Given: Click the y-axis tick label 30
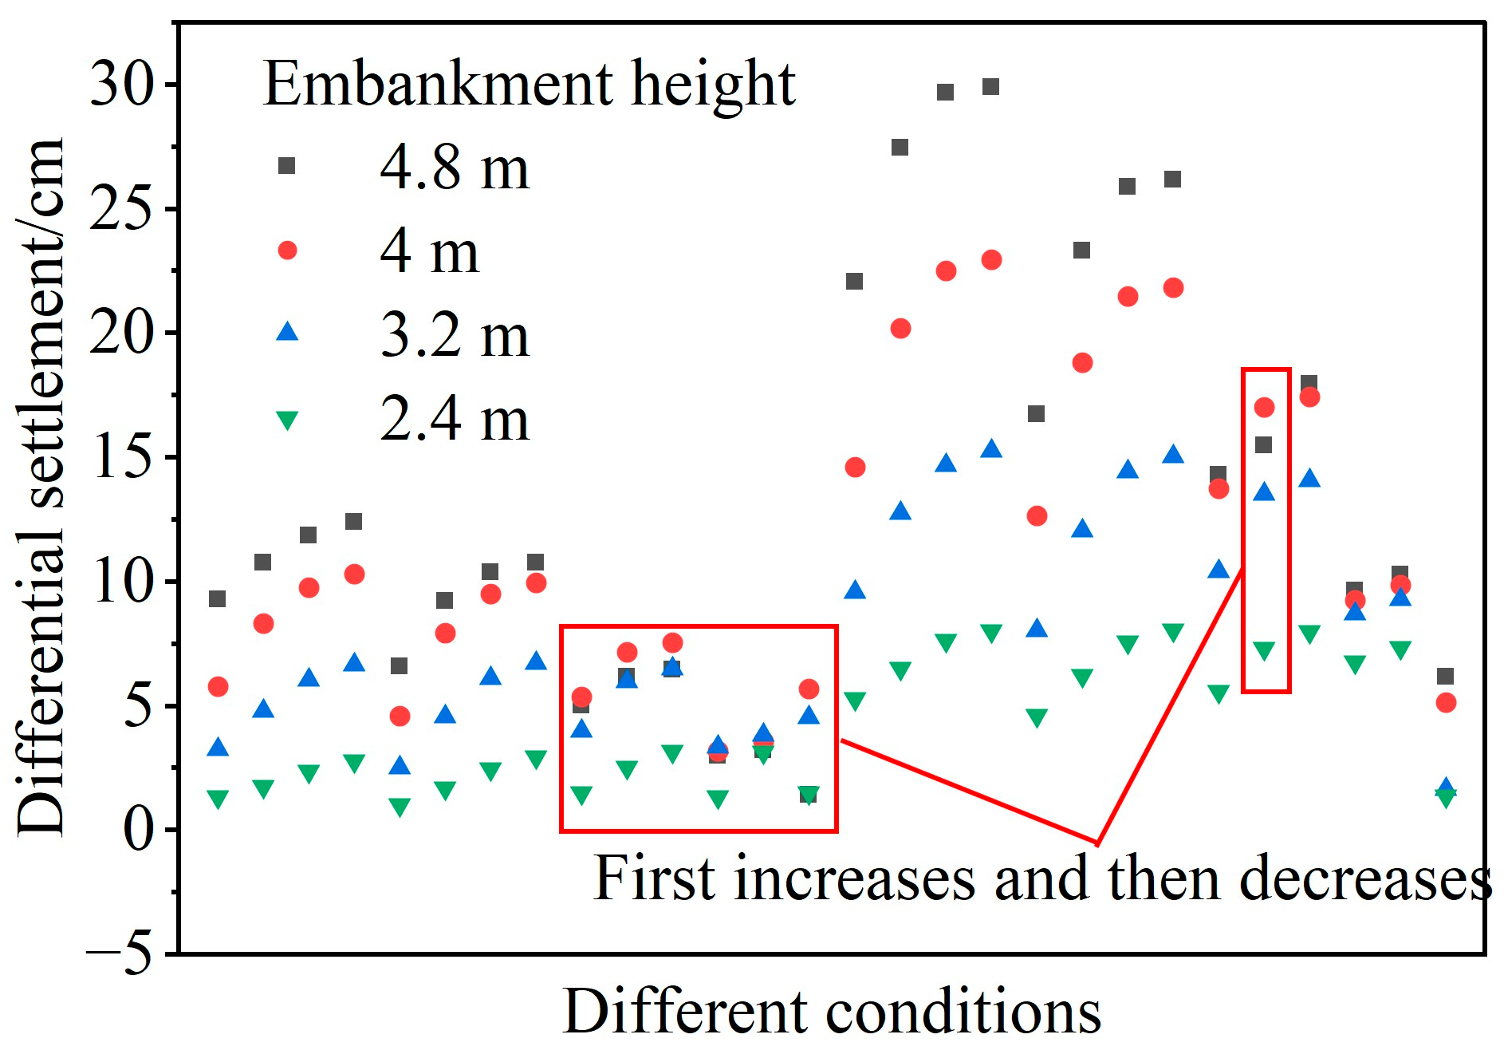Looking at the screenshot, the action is click(122, 84).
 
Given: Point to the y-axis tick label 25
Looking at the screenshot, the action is click(122, 208).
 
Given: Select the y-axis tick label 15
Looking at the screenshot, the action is click(122, 457).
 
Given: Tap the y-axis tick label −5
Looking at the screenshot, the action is click(120, 953).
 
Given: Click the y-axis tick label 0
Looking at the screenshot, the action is click(139, 830).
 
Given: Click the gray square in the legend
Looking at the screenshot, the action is click(286, 166).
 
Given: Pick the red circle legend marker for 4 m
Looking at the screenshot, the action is click(287, 251).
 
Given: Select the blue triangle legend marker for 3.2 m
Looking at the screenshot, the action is click(287, 331).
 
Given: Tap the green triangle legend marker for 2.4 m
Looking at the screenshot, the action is click(287, 420).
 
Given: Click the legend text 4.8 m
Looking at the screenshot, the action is click(455, 168).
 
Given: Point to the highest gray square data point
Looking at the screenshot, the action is click(990, 86).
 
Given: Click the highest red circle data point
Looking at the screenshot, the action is click(991, 260).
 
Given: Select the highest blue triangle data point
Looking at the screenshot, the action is click(991, 448).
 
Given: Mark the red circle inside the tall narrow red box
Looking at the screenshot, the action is click(1264, 408).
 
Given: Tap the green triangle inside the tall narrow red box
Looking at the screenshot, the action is click(1264, 651).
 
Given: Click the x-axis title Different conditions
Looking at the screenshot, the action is click(832, 1012).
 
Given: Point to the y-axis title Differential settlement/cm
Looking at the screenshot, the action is click(40, 487).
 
